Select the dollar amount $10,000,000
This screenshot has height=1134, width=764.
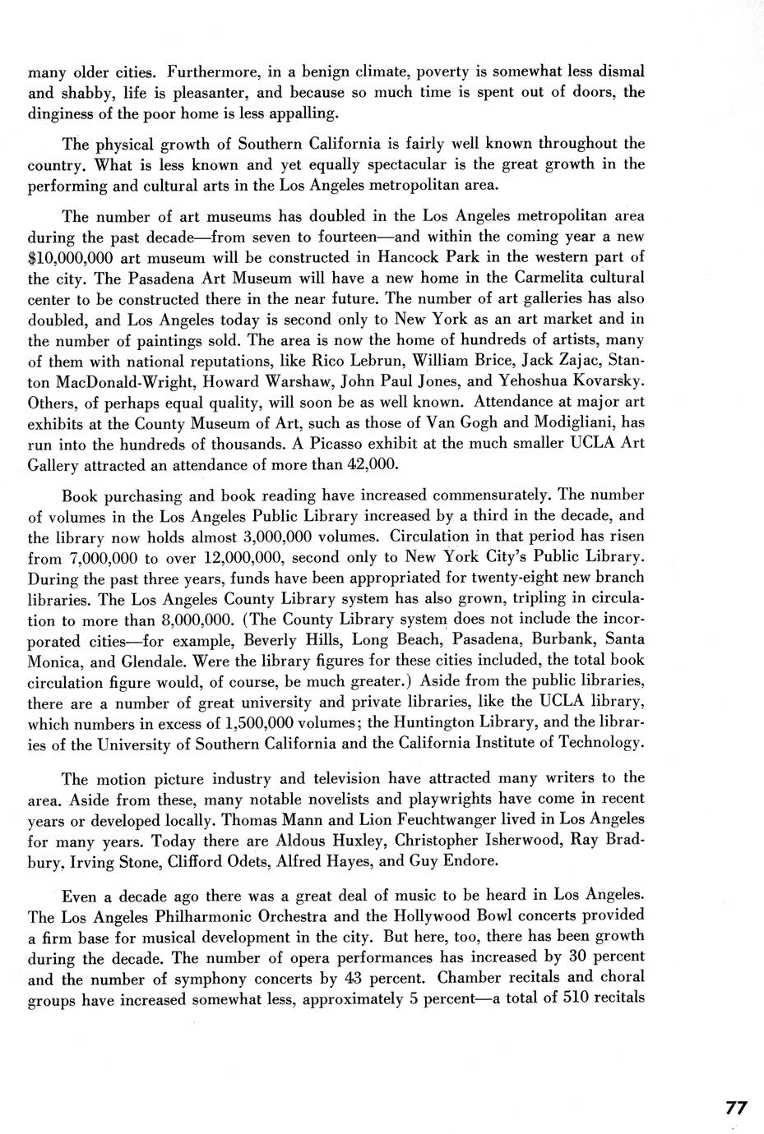(66, 257)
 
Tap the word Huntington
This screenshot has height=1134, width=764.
(441, 723)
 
